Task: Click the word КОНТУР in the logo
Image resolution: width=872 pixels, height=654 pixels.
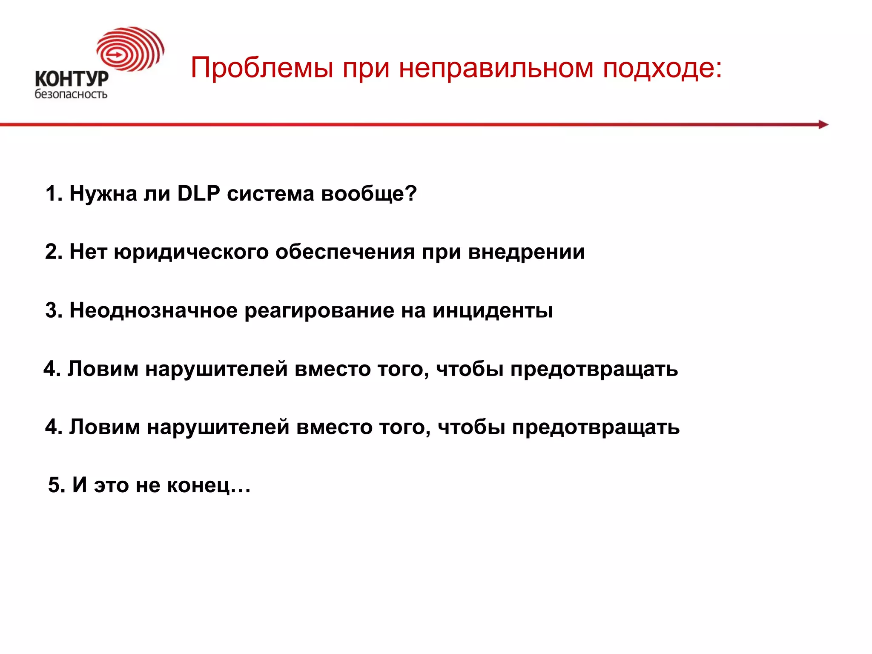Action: coord(72,79)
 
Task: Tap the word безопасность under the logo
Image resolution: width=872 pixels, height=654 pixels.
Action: coord(71,94)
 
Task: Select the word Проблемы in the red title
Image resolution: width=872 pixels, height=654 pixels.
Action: coord(261,68)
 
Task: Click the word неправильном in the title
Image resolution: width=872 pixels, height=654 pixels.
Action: coord(496,68)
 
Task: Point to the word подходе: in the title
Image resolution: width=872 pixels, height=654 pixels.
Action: coord(663,68)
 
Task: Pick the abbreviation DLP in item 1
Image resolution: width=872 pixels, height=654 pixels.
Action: coord(198,194)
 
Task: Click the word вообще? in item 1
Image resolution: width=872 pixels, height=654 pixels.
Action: coord(369,194)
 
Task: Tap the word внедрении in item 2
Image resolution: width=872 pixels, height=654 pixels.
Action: coord(526,252)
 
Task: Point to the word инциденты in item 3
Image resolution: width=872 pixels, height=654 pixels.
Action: coord(493,310)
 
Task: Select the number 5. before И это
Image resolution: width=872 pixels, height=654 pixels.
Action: coord(57,485)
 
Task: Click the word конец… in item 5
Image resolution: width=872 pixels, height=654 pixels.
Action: coord(209,485)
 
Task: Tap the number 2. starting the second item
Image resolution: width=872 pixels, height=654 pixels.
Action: coord(54,252)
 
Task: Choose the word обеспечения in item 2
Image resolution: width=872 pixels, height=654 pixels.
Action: coord(345,252)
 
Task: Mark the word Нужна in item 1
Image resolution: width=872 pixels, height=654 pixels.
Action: coord(103,194)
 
